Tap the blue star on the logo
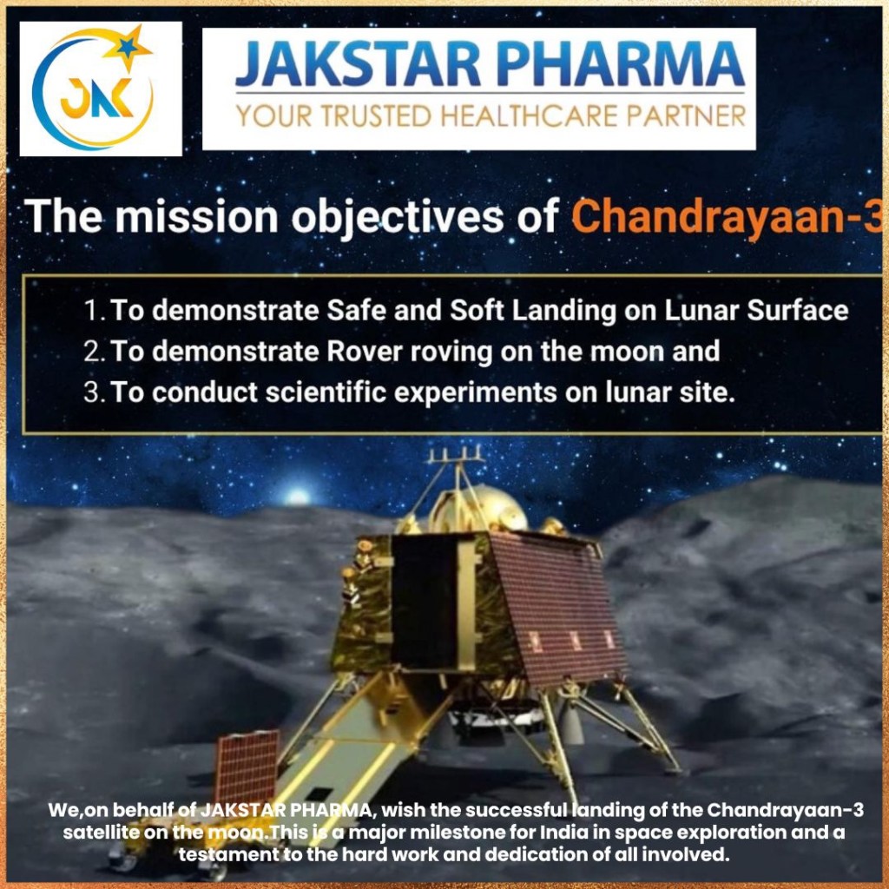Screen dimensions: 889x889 pos(127,48)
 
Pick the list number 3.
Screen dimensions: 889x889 pos(92,392)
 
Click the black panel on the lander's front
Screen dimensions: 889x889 pos(425,601)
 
